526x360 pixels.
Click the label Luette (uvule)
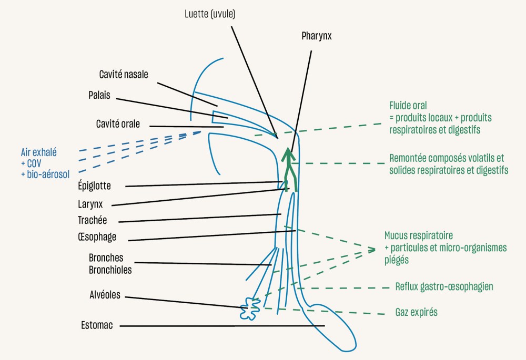pos(210,14)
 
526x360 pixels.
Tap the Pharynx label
pos(317,36)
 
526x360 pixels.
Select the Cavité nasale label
pos(124,75)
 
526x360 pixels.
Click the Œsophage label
pos(96,237)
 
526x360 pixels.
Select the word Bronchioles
pos(110,270)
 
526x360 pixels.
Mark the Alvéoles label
pos(104,295)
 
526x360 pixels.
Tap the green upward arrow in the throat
pos(288,168)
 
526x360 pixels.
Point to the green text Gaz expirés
pos(416,313)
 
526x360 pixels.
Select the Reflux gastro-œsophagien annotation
pos(444,287)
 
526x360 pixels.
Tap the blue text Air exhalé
pos(38,152)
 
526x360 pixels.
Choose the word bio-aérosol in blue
pos(48,173)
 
